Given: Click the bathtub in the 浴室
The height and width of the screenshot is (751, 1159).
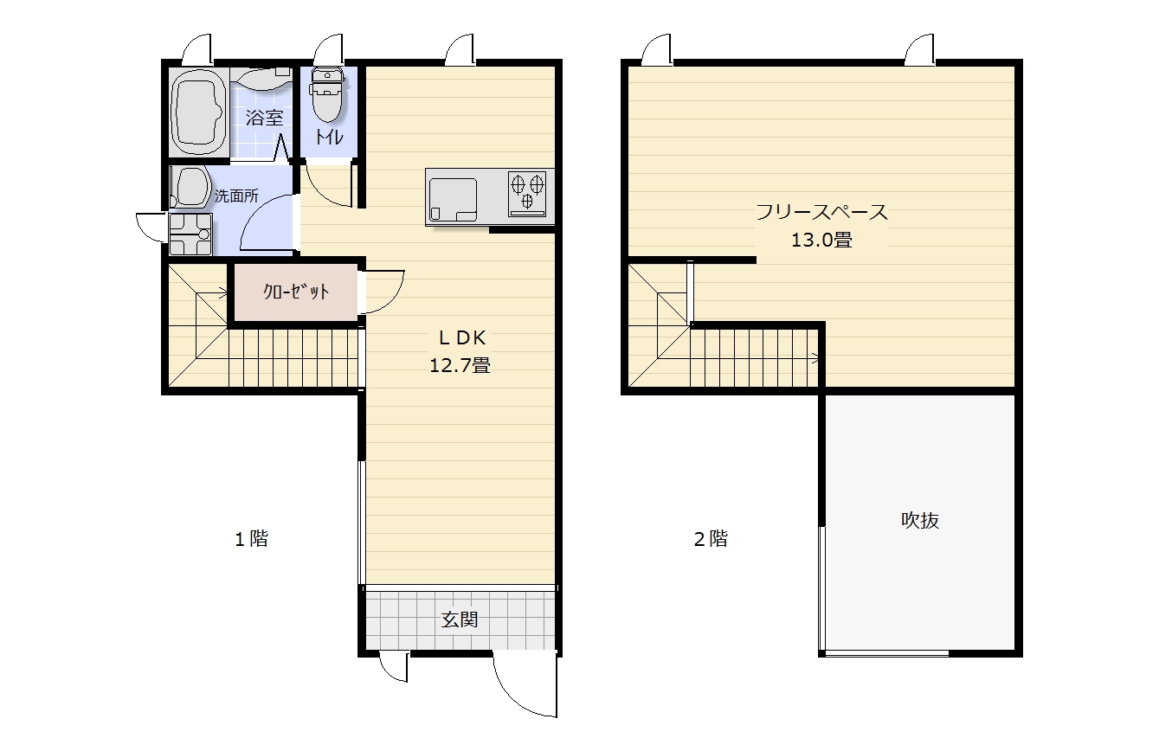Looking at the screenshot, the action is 199,112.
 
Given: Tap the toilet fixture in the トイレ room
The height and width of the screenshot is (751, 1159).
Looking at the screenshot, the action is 326,94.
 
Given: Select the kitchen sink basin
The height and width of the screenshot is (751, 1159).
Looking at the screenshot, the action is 452,200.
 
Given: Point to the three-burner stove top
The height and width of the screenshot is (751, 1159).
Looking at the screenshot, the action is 527,194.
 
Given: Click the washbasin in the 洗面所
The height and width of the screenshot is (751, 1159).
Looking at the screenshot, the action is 190,187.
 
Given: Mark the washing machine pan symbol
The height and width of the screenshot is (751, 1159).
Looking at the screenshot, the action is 190,234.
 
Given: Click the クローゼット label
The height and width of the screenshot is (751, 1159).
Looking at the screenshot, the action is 296,292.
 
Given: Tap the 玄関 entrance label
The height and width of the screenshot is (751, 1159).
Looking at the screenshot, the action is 460,619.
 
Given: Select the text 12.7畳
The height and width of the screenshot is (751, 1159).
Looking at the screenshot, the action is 460,366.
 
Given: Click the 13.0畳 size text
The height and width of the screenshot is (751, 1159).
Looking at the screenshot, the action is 821,240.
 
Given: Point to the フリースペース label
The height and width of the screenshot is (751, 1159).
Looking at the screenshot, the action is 821,212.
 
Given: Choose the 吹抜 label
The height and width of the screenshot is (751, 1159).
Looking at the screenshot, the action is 920,520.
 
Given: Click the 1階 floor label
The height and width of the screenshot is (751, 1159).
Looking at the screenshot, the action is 252,539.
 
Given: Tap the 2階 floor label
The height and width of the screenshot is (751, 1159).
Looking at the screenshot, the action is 711,539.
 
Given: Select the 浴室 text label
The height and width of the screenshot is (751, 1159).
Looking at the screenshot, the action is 264,118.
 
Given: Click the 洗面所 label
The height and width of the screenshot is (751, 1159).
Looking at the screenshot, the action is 236,196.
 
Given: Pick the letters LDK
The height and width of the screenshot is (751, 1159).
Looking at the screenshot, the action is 462,337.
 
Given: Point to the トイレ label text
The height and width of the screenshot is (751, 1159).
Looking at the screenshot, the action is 329,137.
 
